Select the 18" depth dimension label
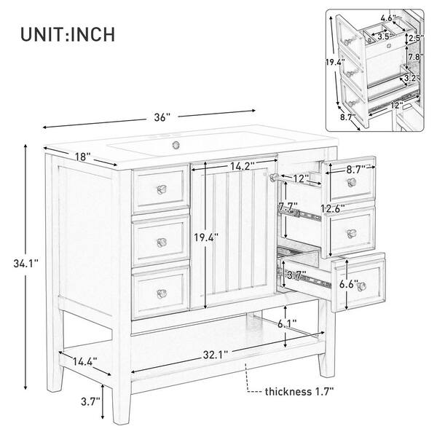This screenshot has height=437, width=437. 82,156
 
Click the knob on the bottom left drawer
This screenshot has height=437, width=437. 161,294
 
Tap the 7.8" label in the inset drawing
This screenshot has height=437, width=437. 414,58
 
